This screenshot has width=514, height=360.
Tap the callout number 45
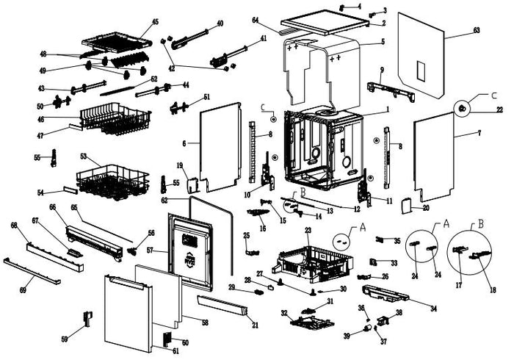(155, 21)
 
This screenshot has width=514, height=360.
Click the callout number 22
(499, 110)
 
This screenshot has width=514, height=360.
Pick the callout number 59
(65, 339)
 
